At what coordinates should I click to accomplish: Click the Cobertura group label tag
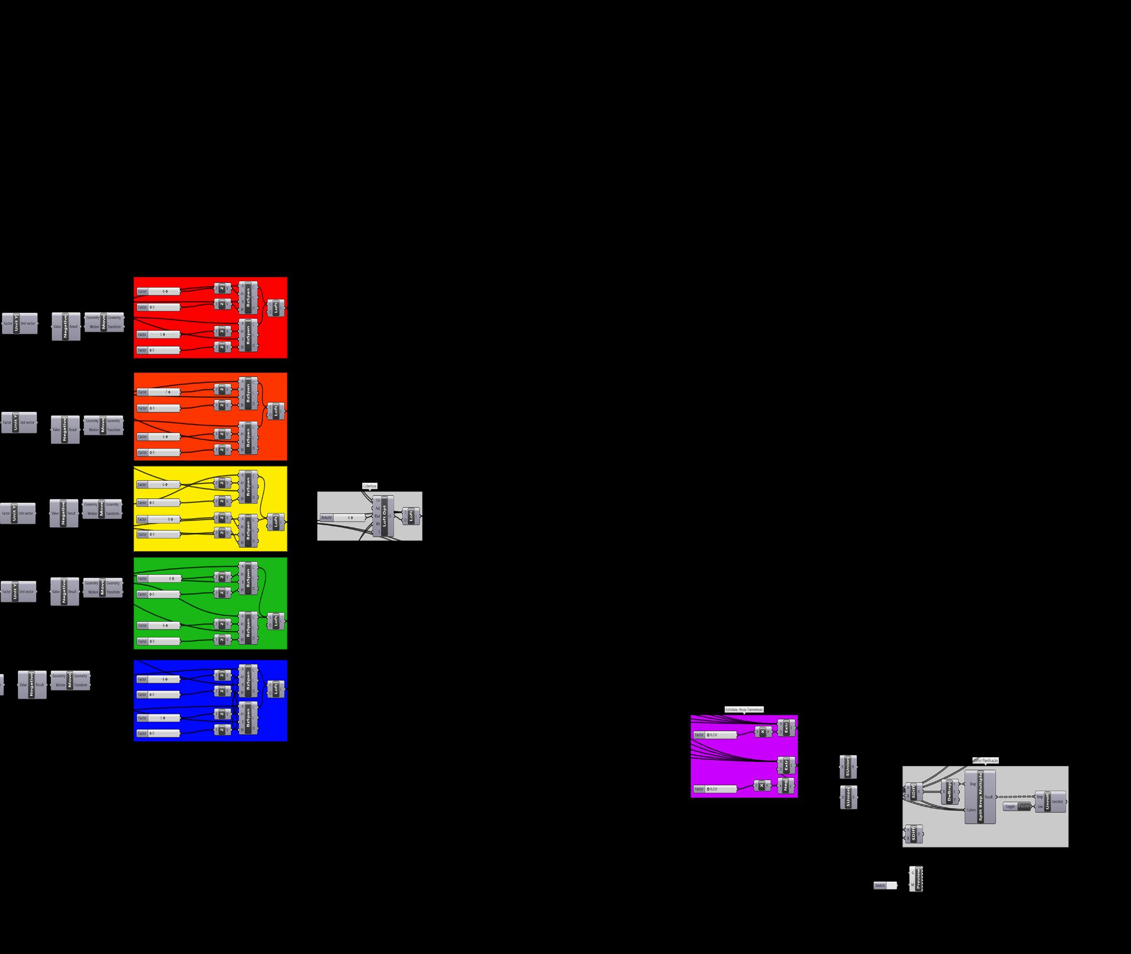click(x=369, y=486)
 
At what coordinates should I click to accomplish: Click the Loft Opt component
click(x=384, y=517)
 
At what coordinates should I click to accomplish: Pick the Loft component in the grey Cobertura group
click(x=411, y=517)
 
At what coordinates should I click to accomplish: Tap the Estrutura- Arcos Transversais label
click(x=744, y=709)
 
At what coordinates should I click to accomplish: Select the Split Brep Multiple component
click(x=980, y=797)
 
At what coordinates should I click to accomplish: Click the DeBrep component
click(x=950, y=792)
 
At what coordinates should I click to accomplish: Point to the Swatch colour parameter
click(x=885, y=885)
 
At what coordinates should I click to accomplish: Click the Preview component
click(x=917, y=879)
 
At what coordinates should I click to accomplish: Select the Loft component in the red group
click(x=276, y=308)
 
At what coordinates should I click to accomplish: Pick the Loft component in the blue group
click(x=276, y=690)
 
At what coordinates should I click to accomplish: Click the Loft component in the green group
click(x=276, y=621)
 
